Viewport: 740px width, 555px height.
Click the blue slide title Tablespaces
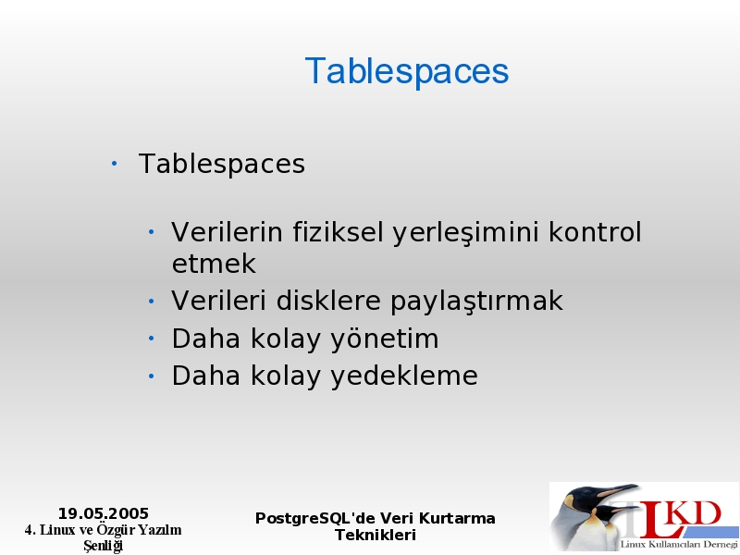click(407, 71)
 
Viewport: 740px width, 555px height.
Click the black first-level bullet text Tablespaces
click(222, 164)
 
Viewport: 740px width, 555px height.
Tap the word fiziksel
click(338, 232)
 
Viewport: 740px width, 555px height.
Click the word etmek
click(214, 264)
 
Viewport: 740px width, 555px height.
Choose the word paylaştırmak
click(476, 302)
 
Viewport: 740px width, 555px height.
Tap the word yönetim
click(384, 339)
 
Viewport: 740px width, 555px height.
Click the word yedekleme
click(404, 376)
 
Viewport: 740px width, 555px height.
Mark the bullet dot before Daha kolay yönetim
click(151, 339)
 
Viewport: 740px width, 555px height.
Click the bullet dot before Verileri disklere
click(151, 301)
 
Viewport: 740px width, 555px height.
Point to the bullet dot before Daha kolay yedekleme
click(151, 376)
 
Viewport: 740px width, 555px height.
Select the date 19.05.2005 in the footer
click(104, 513)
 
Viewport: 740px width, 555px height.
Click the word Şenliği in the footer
click(104, 546)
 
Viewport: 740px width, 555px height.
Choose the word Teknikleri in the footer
click(376, 536)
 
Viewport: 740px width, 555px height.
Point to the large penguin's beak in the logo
click(618, 491)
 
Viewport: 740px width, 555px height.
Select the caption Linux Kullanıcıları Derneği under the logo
click(679, 544)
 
